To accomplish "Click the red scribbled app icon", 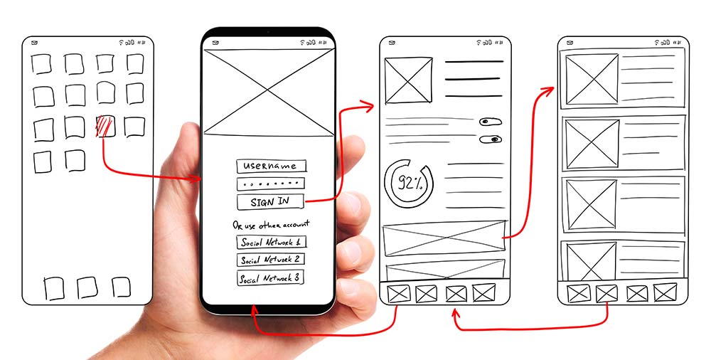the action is [105, 126].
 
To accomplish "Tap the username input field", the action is [271, 166].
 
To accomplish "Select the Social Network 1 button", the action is [271, 242].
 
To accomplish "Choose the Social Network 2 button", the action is [270, 260].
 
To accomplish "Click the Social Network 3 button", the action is [270, 278].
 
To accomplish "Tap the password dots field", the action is [271, 184].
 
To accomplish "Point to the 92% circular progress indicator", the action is [409, 183].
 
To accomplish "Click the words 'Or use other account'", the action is [271, 225].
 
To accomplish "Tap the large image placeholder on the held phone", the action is [269, 92].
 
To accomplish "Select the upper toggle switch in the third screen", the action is [491, 122].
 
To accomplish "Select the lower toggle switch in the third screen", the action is [491, 139].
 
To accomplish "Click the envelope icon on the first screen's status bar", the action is [34, 43].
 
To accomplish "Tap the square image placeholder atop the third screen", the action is [408, 80].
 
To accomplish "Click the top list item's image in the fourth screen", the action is [592, 80].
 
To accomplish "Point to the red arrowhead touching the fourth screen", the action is [547, 90].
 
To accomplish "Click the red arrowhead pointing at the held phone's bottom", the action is [254, 310].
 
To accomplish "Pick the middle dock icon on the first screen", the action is [87, 287].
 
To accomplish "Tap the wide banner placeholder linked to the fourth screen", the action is [444, 238].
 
